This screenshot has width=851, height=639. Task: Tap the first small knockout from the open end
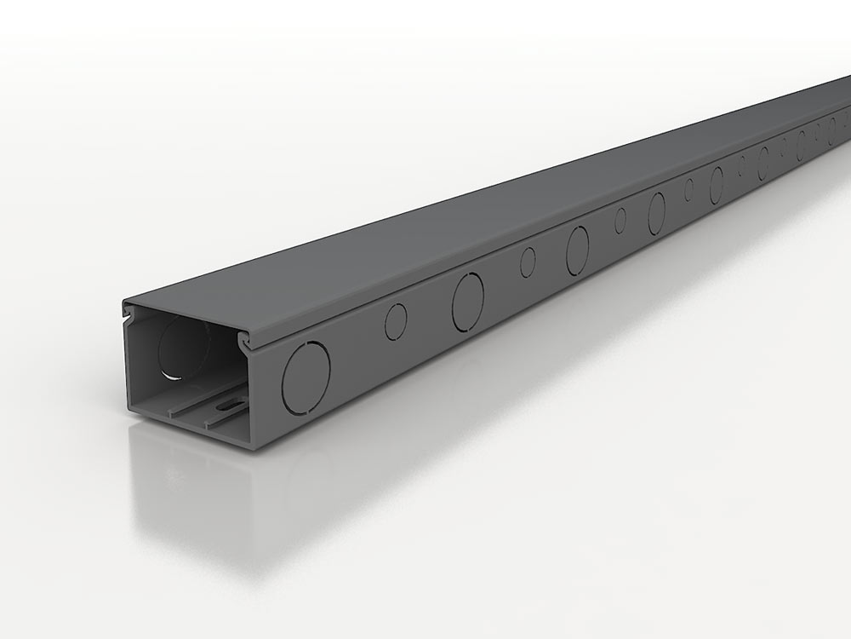[396, 322]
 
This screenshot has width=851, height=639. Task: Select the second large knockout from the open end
[467, 302]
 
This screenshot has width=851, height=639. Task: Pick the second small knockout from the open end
[528, 262]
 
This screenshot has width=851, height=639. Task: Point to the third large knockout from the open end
[577, 250]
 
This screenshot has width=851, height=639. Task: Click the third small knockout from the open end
[620, 220]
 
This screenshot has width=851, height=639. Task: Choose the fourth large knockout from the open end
[656, 212]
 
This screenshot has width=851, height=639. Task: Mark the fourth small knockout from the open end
[688, 189]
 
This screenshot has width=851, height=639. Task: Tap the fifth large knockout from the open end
[717, 184]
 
